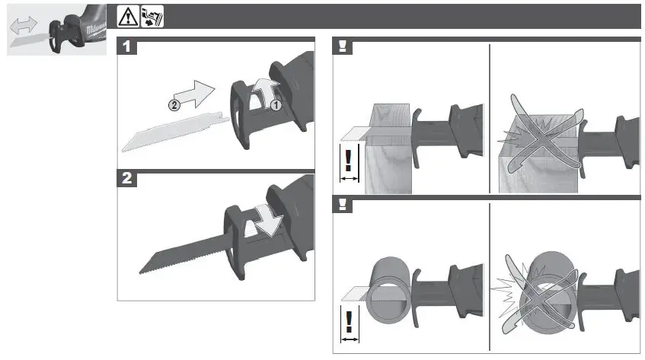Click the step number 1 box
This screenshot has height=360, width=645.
point(128,46)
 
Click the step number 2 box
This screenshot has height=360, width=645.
point(128,180)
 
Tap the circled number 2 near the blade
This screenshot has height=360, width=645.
point(174,106)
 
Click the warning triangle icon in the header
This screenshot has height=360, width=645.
point(127,16)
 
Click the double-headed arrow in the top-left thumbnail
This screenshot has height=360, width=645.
point(24,27)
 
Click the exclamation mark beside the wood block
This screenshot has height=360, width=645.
point(349,161)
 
